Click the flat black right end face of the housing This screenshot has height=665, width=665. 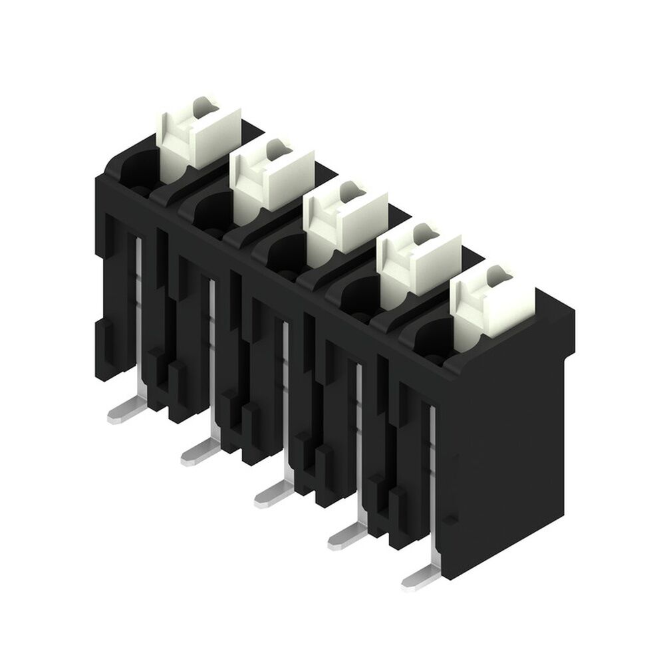click(x=512, y=439)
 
